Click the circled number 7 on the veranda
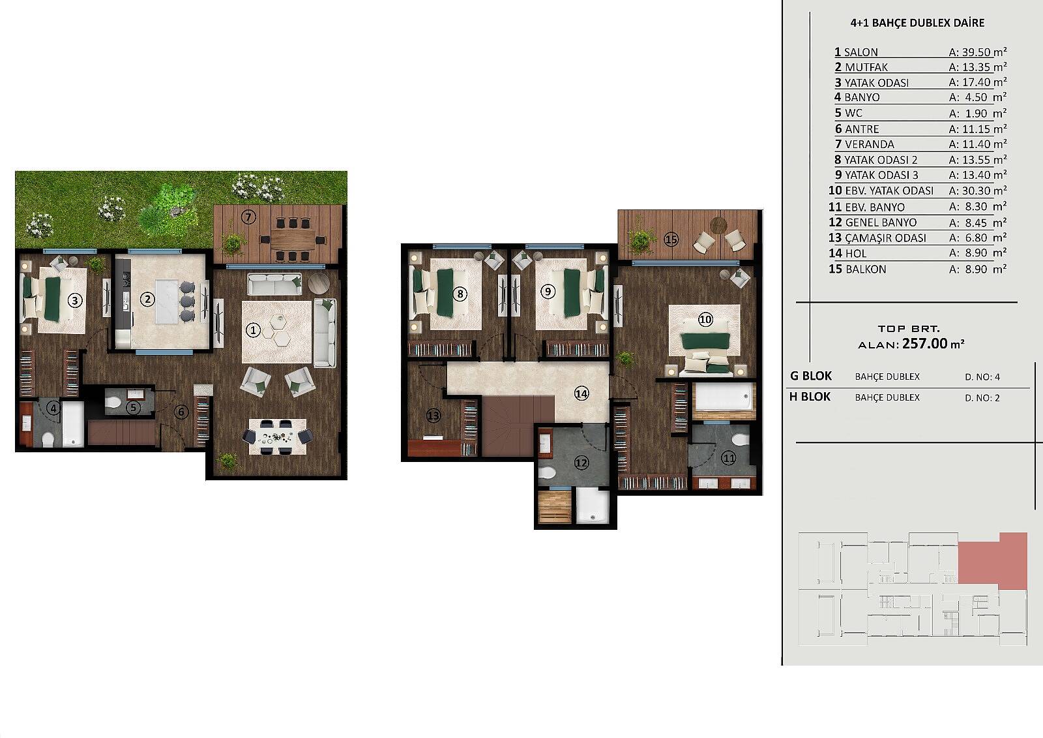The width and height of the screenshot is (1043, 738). pos(248,217)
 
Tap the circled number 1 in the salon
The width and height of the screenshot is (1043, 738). pos(253,331)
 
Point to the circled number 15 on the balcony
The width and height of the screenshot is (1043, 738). pos(671,239)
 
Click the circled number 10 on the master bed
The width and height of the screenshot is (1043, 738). pos(705,319)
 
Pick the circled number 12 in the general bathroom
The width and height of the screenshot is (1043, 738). pos(581,463)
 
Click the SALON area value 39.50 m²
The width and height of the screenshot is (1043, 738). pos(978,52)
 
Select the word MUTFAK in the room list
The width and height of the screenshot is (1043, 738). pos(866,68)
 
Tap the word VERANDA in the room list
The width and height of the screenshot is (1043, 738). pos(870,144)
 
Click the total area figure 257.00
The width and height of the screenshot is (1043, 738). pos(925,344)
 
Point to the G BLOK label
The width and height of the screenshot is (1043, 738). pos(811,376)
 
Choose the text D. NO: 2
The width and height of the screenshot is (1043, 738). pos(982,397)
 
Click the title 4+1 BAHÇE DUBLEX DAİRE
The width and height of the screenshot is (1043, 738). pos(917,23)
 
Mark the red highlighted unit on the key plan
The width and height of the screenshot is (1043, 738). pos(993,561)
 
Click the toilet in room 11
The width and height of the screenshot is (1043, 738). pos(741,440)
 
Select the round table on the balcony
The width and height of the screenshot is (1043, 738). pos(718,226)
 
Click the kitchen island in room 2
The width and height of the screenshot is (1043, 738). pos(167,301)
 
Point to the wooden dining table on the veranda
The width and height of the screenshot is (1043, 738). pos(293,239)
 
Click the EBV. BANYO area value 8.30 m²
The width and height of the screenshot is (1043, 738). pos(978,207)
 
